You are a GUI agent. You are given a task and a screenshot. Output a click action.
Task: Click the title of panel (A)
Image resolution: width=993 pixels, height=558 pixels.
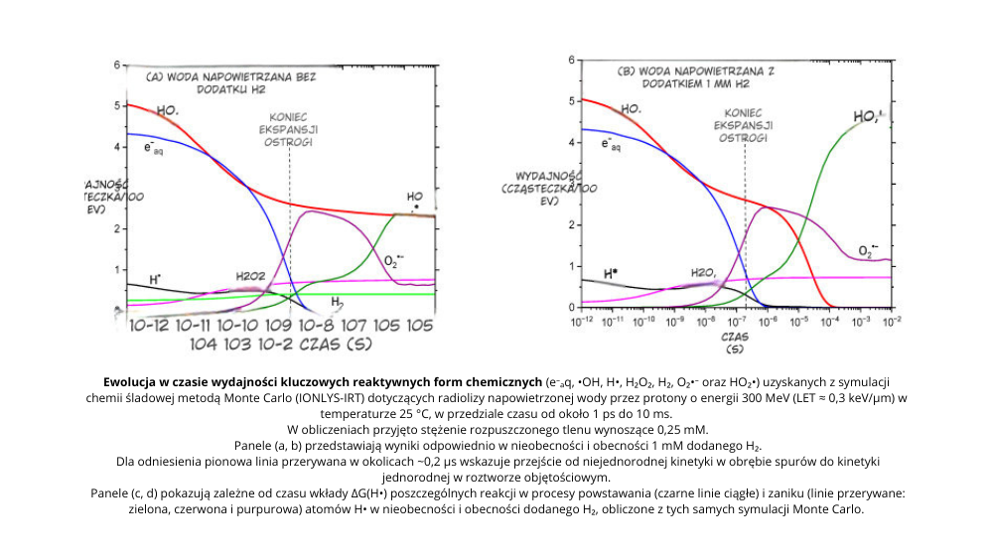pos(230,81)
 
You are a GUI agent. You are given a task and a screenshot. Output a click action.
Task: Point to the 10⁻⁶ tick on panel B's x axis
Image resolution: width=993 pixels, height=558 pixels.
pos(767,320)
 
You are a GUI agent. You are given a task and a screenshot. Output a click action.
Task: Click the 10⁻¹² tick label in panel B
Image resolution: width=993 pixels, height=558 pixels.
pos(582,320)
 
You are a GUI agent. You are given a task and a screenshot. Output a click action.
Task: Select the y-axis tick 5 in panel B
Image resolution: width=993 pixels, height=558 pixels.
pos(571,100)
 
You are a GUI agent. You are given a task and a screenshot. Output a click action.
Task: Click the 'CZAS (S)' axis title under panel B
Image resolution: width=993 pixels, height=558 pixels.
pos(735,343)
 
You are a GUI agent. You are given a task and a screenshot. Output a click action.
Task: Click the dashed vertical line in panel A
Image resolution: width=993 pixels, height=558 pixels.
pos(289,228)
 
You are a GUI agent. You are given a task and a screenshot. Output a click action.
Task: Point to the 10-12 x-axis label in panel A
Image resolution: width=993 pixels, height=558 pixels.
pos(149,326)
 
